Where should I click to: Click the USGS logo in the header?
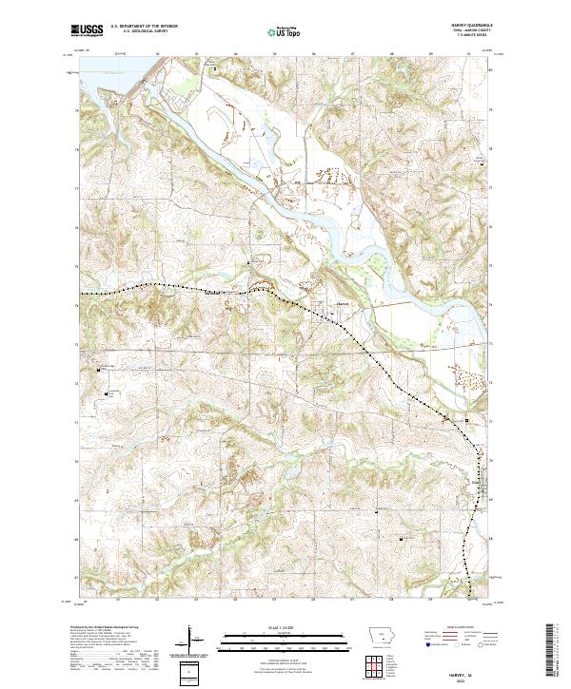pyautogui.click(x=87, y=31)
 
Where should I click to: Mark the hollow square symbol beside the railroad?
pyautogui.click(x=466, y=419)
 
